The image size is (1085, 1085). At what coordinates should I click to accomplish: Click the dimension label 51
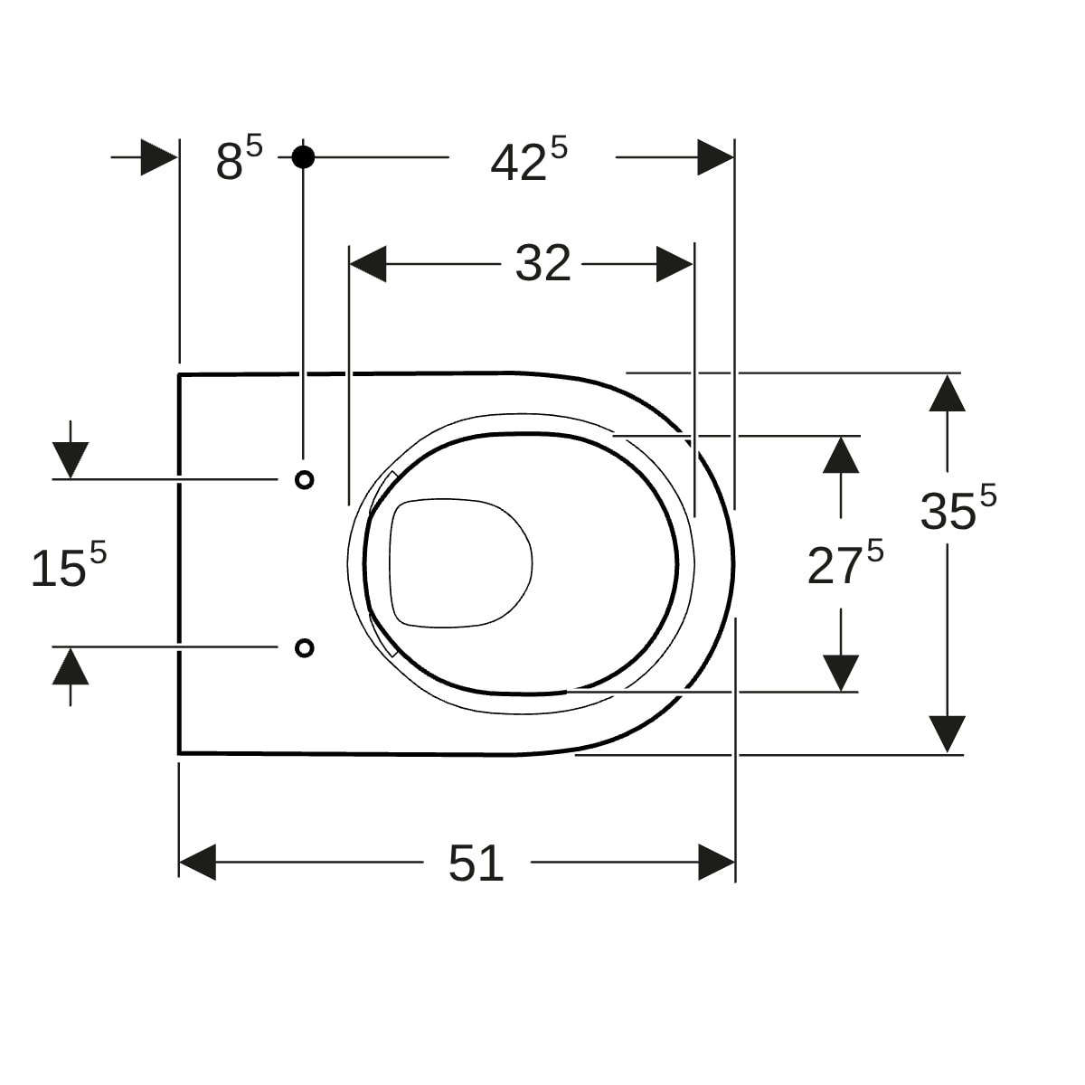(x=476, y=863)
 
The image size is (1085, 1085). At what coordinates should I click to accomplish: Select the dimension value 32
(x=543, y=263)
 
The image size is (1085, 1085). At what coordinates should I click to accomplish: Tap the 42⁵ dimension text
(x=529, y=159)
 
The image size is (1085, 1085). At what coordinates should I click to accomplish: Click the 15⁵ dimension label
(x=69, y=565)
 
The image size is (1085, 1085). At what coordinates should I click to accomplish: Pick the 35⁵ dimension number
(x=958, y=507)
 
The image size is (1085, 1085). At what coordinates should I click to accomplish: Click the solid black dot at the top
(x=303, y=157)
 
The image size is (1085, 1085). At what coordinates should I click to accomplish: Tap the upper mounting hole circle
(x=305, y=480)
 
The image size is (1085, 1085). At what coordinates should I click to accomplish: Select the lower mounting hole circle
(x=305, y=648)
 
